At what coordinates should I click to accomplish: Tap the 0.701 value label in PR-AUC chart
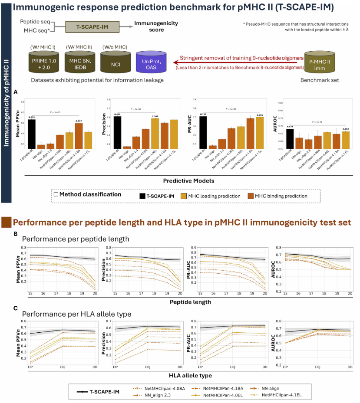pyautogui.click(x=259, y=115)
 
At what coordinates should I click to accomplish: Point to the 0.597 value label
pyautogui.click(x=79, y=121)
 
